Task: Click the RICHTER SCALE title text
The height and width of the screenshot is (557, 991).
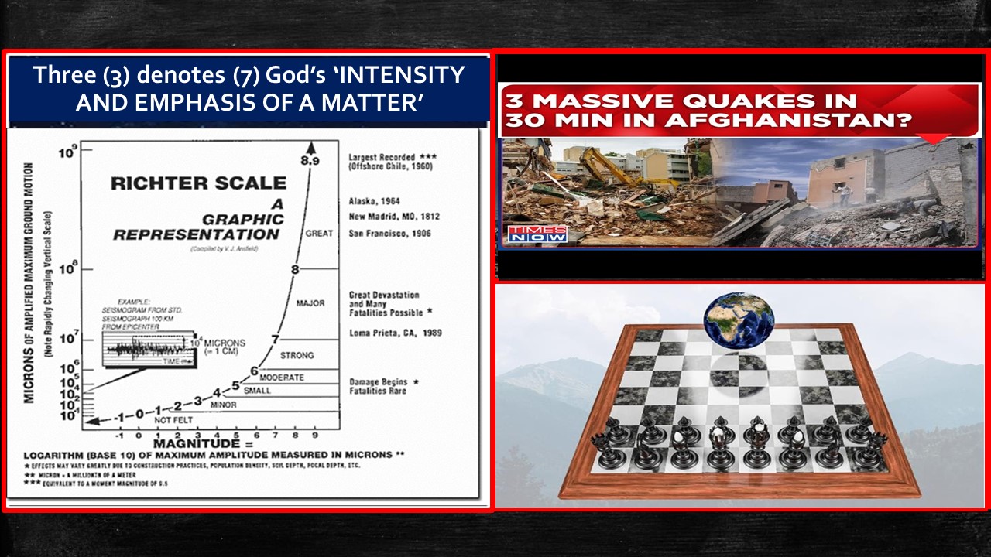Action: click(198, 184)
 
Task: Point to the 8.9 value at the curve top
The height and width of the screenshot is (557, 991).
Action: click(310, 161)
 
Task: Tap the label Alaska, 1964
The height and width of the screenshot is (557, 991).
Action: click(375, 201)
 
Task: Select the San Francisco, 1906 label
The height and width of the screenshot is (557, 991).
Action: click(389, 234)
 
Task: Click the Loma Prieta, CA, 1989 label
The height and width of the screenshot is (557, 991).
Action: click(395, 333)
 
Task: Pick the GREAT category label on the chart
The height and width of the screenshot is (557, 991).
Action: click(319, 234)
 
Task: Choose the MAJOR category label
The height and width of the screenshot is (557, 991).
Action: click(310, 303)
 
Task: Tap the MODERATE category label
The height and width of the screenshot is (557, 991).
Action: click(282, 378)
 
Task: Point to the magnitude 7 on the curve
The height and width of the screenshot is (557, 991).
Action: click(275, 339)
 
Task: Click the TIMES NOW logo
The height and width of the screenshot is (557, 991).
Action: click(537, 234)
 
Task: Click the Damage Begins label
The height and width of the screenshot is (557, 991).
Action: click(378, 382)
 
